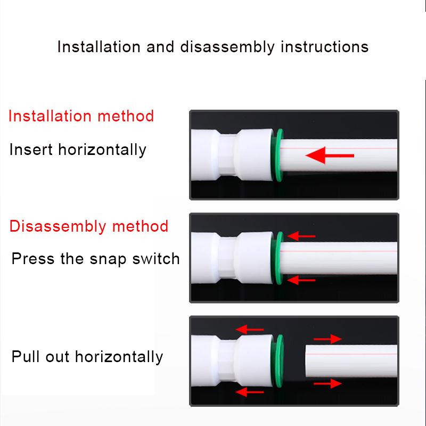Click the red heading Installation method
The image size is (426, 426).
click(x=81, y=116)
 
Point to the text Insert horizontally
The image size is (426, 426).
click(x=78, y=150)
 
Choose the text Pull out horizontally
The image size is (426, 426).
click(x=87, y=356)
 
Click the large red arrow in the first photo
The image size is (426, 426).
click(x=330, y=155)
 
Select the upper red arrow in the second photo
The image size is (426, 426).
click(x=301, y=236)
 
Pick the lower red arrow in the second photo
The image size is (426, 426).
click(x=301, y=279)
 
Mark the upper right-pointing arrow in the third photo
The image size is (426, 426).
click(x=327, y=339)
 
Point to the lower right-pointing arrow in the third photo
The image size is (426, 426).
click(x=327, y=382)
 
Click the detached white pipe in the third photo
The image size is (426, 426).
click(x=351, y=361)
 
